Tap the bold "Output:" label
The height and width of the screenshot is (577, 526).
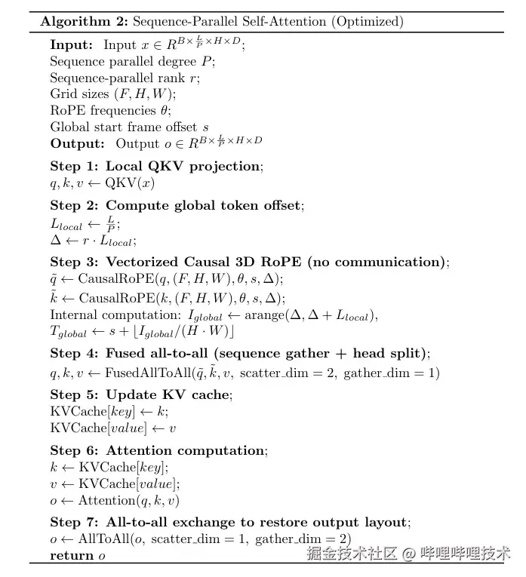(77, 143)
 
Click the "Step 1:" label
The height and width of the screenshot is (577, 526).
(75, 166)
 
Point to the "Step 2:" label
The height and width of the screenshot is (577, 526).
(75, 205)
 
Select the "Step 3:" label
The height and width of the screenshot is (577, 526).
(75, 262)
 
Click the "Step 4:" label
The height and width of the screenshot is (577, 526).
(75, 353)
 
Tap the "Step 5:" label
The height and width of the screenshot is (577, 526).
(75, 394)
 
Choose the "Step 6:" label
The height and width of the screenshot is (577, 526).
(75, 450)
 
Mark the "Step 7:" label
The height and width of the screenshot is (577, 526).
(75, 522)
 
